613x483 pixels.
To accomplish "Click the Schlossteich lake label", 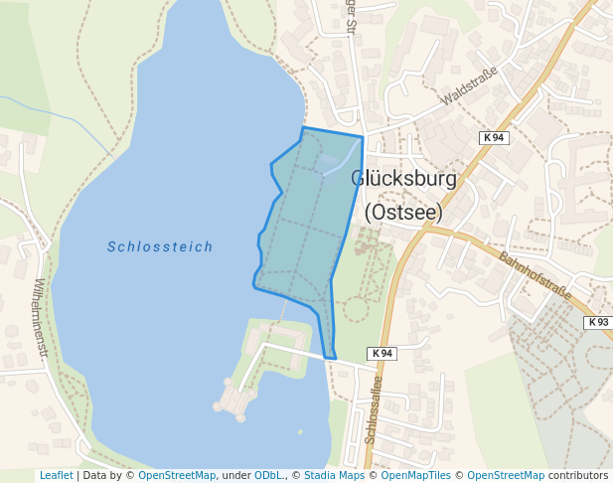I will pyautogui.click(x=160, y=246).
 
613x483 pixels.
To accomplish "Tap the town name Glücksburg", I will pyautogui.click(x=404, y=180).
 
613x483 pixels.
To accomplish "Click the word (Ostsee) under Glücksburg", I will pyautogui.click(x=403, y=212).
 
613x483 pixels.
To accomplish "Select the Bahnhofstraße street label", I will pyautogui.click(x=536, y=276).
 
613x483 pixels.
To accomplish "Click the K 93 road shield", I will pyautogui.click(x=597, y=322).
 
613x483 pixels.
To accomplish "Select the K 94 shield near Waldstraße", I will pyautogui.click(x=494, y=137).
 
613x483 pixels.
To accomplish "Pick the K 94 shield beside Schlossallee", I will pyautogui.click(x=382, y=353).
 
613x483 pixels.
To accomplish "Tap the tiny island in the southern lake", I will pyautogui.click(x=300, y=431).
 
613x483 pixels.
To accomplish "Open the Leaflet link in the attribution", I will pyautogui.click(x=56, y=476).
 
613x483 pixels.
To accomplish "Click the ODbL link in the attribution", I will pyautogui.click(x=268, y=476).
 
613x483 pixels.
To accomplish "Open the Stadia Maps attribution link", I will pyautogui.click(x=334, y=476).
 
